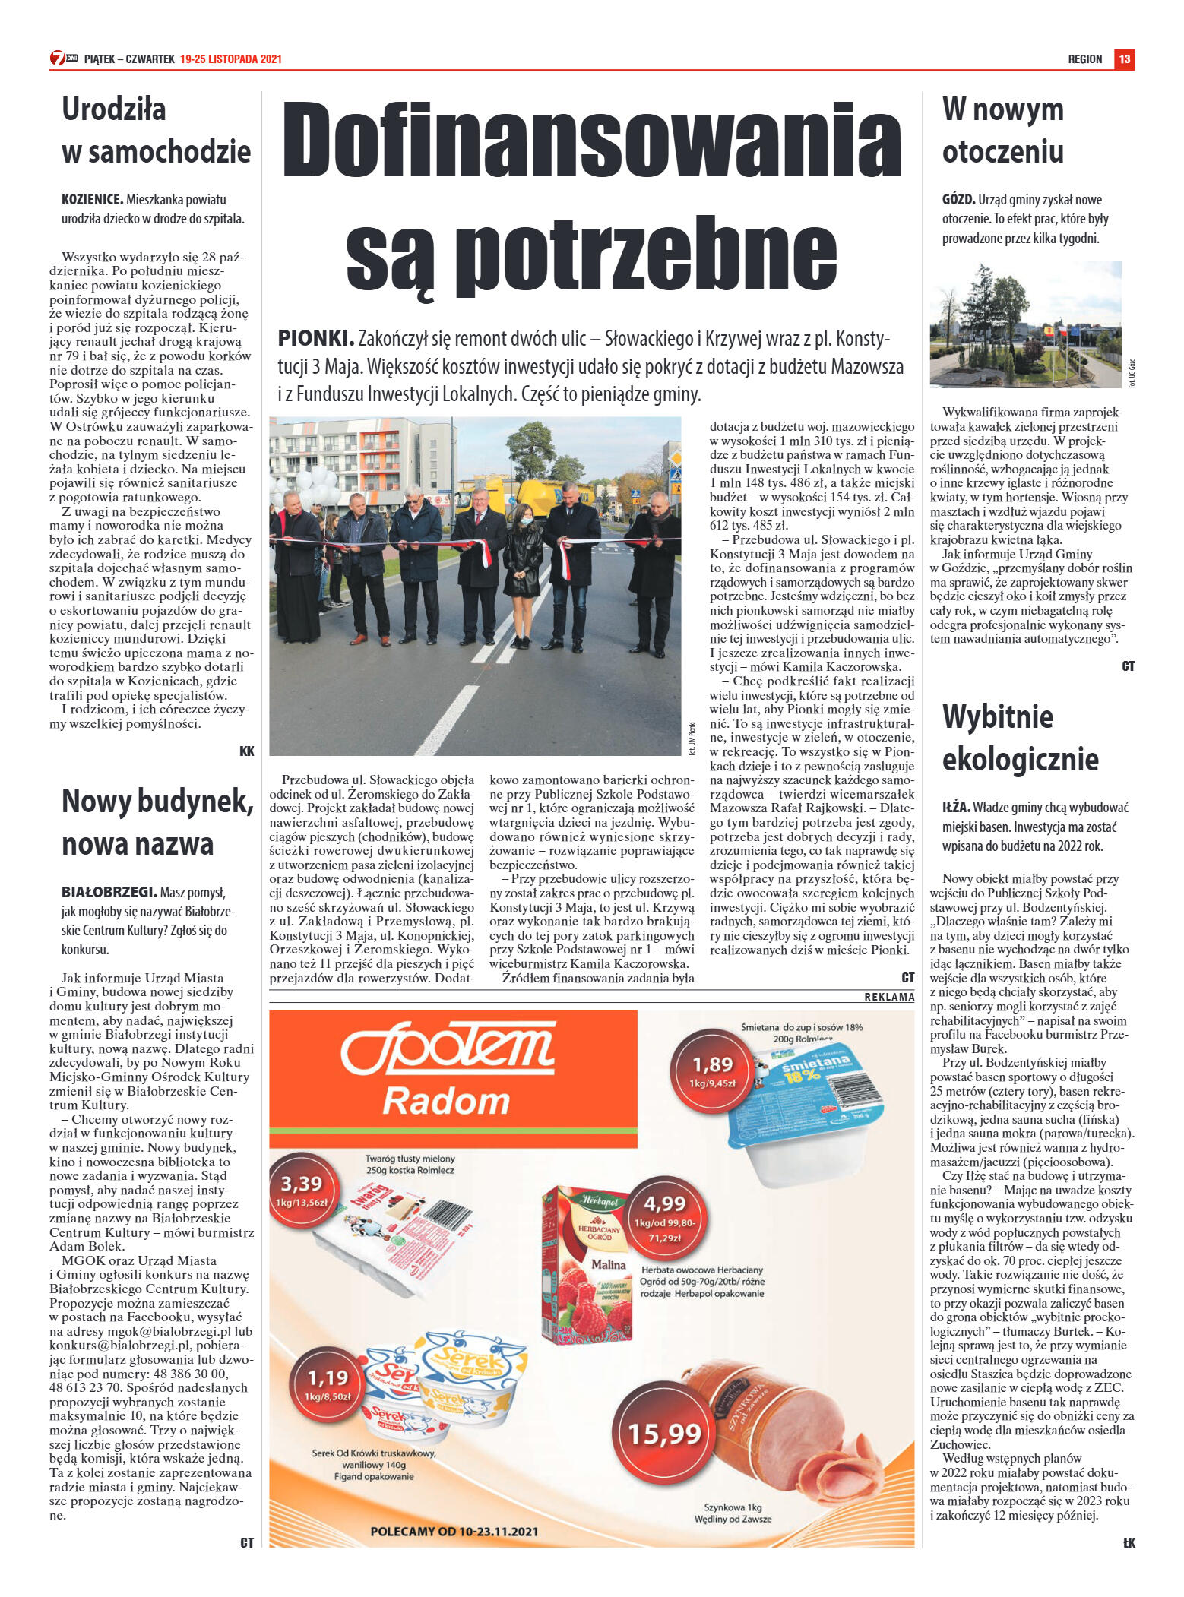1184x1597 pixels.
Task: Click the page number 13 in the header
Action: (x=1124, y=59)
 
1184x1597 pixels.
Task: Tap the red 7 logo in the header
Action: (x=58, y=58)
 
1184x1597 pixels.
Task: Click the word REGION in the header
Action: (x=1084, y=59)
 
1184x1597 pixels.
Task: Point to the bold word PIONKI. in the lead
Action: (x=315, y=339)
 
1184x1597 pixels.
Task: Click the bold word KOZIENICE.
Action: (x=92, y=200)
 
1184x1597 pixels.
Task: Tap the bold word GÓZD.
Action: (x=958, y=200)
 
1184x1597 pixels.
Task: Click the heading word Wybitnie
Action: (x=997, y=716)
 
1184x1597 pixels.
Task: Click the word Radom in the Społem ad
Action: (x=445, y=1101)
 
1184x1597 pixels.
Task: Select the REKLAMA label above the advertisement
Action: (x=889, y=996)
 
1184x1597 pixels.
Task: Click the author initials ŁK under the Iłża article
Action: (x=1128, y=1543)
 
